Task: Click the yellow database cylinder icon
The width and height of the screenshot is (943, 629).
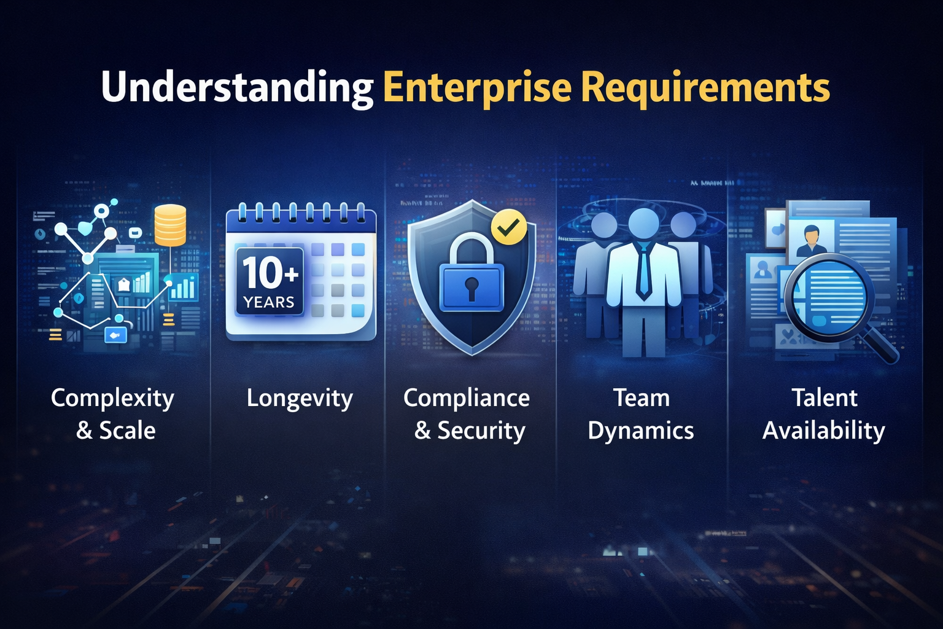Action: (x=170, y=225)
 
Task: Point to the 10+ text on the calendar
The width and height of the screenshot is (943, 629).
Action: (x=270, y=273)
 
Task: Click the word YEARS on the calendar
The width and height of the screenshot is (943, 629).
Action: (x=269, y=302)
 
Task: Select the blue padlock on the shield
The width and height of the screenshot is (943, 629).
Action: (x=471, y=273)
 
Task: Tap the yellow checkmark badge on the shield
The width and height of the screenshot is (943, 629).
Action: (x=509, y=228)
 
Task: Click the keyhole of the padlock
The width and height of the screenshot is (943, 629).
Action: (x=471, y=287)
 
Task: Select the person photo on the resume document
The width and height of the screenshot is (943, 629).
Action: (x=811, y=240)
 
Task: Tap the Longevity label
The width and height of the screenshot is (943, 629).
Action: (x=300, y=399)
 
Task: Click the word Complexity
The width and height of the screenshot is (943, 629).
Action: (x=113, y=399)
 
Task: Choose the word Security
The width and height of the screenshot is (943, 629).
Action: (x=481, y=431)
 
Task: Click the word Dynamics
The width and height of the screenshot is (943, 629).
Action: (x=641, y=431)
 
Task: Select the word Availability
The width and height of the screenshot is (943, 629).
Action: (x=824, y=431)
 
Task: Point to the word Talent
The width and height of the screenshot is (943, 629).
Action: (x=825, y=398)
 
